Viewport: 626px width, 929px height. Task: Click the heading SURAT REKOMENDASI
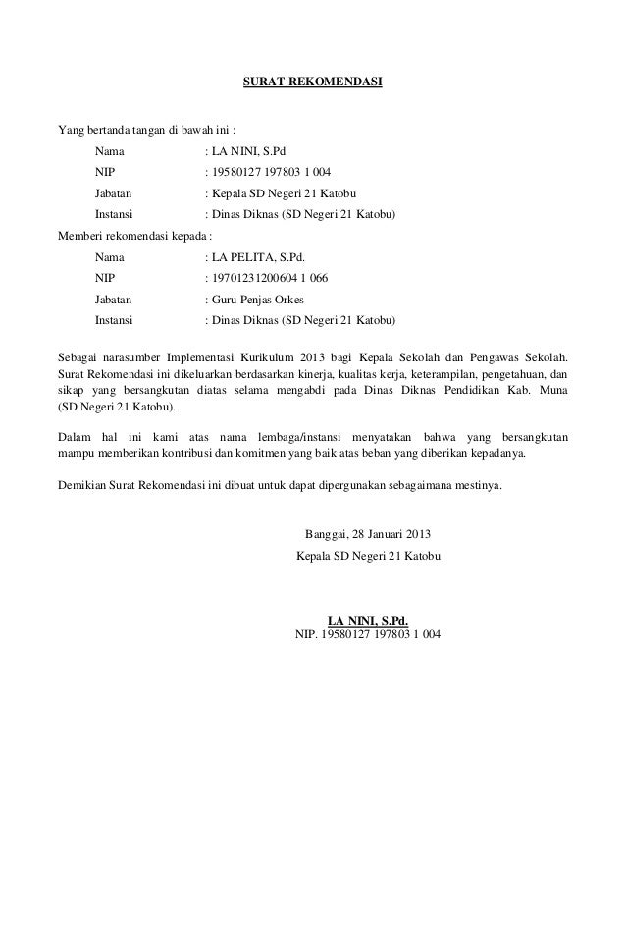pos(312,79)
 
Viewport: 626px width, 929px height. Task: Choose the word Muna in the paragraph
pos(553,390)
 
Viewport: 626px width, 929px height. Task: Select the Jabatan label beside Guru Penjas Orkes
pos(115,301)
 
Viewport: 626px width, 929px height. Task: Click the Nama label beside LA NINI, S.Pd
pos(110,152)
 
